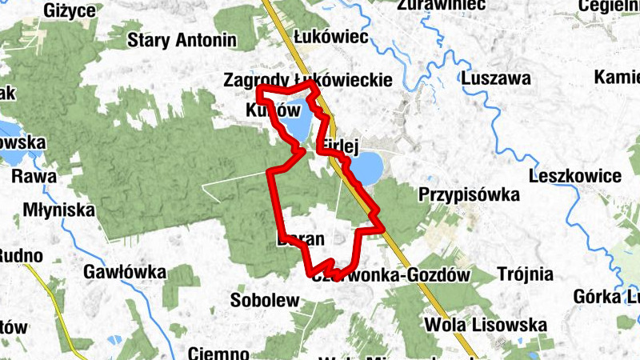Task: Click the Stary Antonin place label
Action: pyautogui.click(x=183, y=39)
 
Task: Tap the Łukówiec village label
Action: pyautogui.click(x=330, y=37)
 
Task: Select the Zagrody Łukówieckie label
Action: pyautogui.click(x=308, y=79)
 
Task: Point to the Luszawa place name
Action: pyautogui.click(x=496, y=79)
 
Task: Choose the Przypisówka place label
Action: pyautogui.click(x=469, y=194)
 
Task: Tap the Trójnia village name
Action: pyautogui.click(x=525, y=274)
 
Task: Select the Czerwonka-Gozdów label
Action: pyautogui.click(x=389, y=274)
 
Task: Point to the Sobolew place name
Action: pyautogui.click(x=264, y=301)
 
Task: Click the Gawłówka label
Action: pyautogui.click(x=124, y=273)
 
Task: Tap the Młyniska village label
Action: pyautogui.click(x=59, y=210)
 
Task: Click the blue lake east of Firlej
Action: pyautogui.click(x=366, y=169)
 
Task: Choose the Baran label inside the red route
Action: pyautogui.click(x=301, y=238)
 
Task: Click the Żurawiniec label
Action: pyautogui.click(x=442, y=5)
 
